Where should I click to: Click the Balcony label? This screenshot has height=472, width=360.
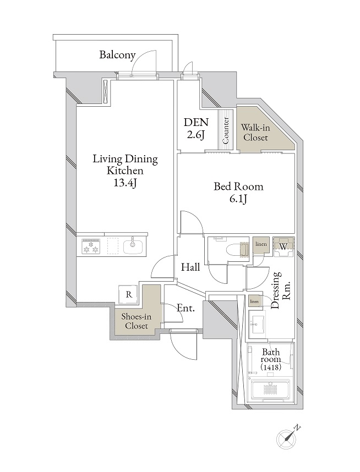pos(117,56)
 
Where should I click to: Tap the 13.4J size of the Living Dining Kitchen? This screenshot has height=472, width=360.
pos(125,183)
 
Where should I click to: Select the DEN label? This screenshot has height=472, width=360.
pos(196,122)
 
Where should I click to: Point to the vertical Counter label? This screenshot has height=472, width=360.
pos(226,130)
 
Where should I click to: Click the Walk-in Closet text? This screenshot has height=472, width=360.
pos(255,133)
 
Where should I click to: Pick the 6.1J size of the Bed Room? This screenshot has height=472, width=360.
pos(238,199)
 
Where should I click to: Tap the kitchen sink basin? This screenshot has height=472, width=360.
pos(133,246)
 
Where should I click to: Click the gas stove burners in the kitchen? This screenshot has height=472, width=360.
pos(91,246)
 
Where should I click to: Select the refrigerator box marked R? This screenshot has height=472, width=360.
pos(129,294)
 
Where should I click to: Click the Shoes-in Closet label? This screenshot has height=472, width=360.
pos(137,321)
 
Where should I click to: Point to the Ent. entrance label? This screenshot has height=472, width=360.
pos(186,308)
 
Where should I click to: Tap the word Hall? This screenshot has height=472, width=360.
pos(190,267)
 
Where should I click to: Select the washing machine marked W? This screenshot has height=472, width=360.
pos(283,247)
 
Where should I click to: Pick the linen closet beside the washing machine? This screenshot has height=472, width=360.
pos(261,246)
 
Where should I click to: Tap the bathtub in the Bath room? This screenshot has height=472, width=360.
pos(270,391)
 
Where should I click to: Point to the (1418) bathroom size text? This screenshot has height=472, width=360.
pos(271,367)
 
